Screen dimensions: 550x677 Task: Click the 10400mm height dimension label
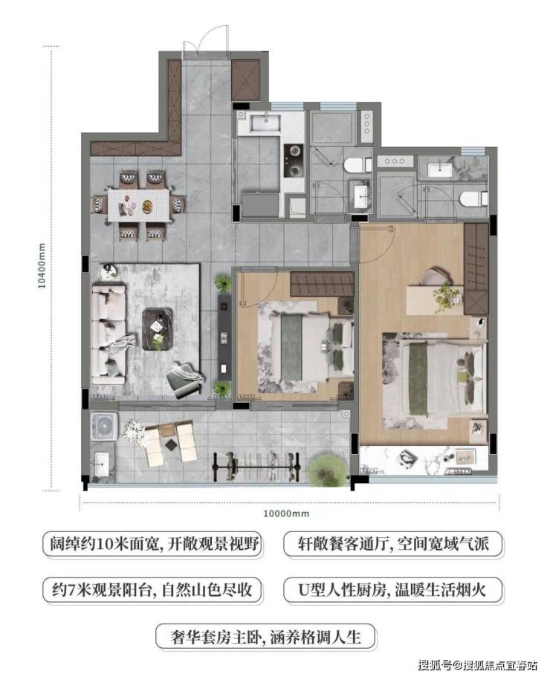[42, 265]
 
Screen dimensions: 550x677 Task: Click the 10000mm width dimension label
[286, 514]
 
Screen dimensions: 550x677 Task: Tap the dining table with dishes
[138, 205]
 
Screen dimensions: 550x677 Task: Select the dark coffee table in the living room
[158, 329]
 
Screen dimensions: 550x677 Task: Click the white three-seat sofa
[108, 334]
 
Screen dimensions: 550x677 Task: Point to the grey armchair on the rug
[184, 380]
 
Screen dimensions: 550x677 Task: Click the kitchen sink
[266, 122]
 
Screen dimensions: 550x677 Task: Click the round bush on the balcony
[327, 470]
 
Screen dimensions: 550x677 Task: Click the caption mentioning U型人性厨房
[393, 590]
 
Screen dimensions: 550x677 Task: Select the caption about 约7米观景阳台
[152, 590]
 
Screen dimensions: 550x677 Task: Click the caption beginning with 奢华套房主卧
[265, 637]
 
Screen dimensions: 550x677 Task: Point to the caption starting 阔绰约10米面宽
[152, 543]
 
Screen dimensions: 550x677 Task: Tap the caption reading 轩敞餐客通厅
[393, 543]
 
